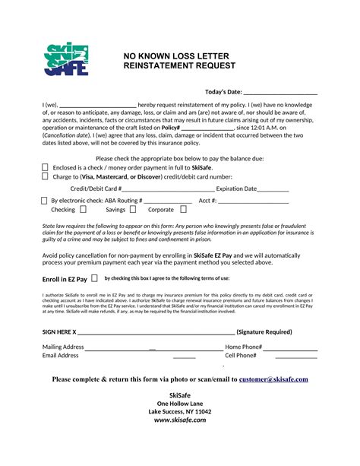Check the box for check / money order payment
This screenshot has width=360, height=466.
tap(45, 167)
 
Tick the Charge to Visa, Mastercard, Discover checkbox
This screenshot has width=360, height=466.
tap(45, 176)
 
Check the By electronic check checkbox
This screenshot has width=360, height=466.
tap(44, 201)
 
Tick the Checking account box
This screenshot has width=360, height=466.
tap(83, 209)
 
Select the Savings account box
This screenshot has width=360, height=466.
tap(133, 209)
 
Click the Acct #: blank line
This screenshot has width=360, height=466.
tap(254, 201)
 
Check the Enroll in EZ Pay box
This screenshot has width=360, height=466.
tap(94, 279)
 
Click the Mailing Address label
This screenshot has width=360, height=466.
tap(63, 347)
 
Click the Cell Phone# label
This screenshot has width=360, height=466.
tap(241, 356)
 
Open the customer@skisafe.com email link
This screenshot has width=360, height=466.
tap(273, 379)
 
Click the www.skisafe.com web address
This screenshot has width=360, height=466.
tap(180, 420)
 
